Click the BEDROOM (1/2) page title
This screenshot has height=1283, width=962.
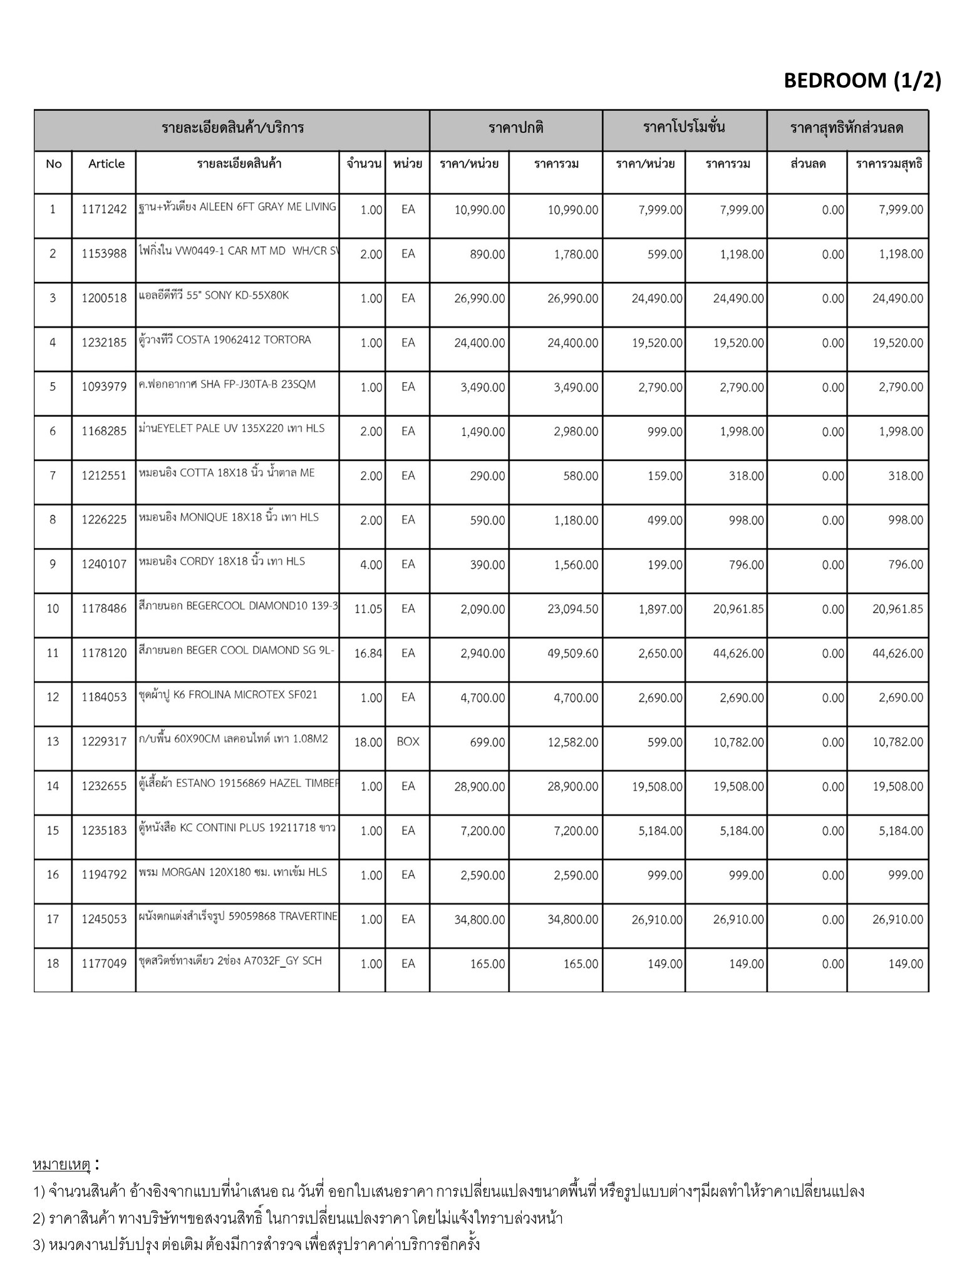coord(862,81)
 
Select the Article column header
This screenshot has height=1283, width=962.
coord(106,164)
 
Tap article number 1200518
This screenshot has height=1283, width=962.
coord(104,298)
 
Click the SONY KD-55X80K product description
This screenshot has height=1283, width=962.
coord(214,296)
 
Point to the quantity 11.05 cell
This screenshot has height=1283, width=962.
coord(368,609)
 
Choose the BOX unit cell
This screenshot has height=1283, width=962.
coord(408,742)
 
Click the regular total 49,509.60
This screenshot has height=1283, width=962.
coord(572,653)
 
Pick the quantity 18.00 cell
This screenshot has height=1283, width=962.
coord(368,742)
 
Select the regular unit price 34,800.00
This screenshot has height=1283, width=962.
coord(479,920)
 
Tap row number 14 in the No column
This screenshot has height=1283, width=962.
coord(53,786)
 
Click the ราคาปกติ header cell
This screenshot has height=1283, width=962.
coord(516,129)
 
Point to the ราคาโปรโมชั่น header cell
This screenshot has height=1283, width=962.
coord(684,129)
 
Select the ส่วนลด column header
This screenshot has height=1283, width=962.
coord(807,164)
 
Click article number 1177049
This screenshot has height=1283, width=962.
coord(104,964)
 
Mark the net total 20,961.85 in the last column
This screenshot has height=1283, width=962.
coord(897,609)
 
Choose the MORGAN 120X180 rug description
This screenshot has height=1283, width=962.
coord(233,872)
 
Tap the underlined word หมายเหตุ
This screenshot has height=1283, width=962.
coord(61,1165)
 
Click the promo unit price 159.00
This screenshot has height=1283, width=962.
coord(665,476)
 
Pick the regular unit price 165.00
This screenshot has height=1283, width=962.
coord(487,964)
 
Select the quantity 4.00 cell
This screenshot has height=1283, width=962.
coord(371,565)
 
